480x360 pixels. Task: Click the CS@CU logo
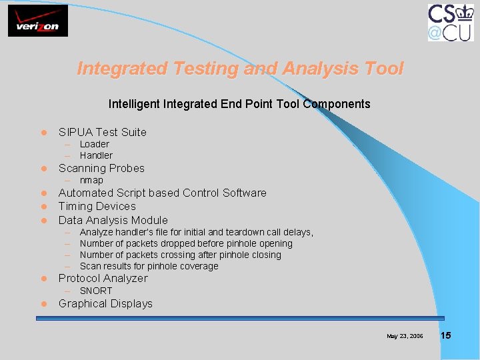(451, 22)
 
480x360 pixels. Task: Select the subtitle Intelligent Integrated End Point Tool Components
(239, 104)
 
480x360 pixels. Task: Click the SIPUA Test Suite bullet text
(102, 132)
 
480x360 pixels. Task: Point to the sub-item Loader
(94, 144)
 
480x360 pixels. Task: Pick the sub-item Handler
(96, 155)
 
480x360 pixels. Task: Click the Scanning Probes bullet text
(101, 168)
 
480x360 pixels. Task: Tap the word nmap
(91, 181)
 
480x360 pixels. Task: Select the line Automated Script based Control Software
(162, 193)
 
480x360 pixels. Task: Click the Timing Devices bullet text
(97, 206)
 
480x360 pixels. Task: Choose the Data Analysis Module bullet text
(113, 220)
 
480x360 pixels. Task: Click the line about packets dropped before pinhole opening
(186, 243)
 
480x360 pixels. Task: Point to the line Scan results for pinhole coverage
(149, 266)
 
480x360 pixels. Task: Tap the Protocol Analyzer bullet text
(103, 278)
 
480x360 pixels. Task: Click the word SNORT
(96, 291)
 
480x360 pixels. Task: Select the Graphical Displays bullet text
(105, 303)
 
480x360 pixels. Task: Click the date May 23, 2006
(404, 336)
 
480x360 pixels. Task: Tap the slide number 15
(445, 335)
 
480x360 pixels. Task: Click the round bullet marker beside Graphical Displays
(41, 304)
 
